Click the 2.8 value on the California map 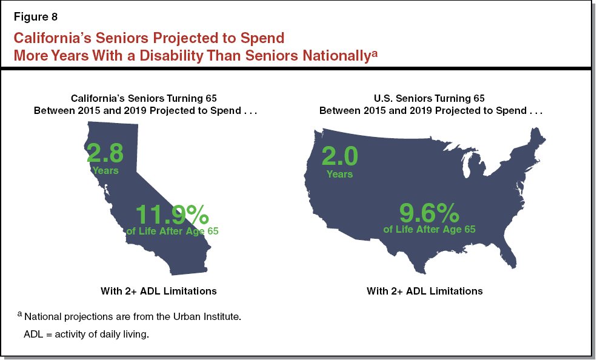coord(105,153)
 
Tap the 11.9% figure coord(172,215)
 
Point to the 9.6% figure coord(429,213)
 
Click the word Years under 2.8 coord(105,170)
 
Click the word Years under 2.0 coord(339,174)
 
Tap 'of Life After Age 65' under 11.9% coord(172,231)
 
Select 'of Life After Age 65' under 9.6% coord(429,229)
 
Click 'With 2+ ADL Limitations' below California coord(158,291)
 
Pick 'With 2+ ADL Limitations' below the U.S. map coord(424,291)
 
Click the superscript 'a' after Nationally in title coord(375,53)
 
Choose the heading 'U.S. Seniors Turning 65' coord(430,98)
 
